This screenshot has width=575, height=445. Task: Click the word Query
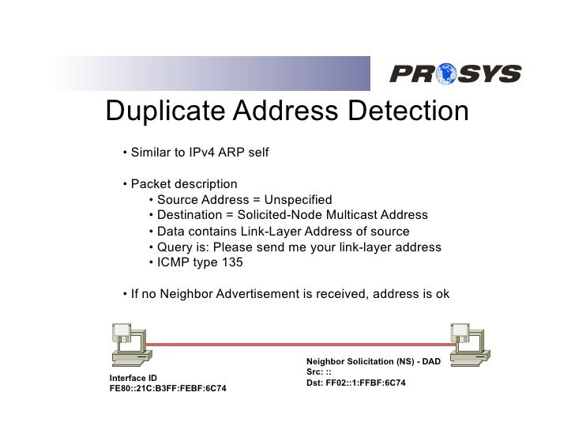pyautogui.click(x=175, y=247)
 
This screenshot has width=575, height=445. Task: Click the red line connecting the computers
pyautogui.click(x=292, y=345)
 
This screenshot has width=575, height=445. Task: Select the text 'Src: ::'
pyautogui.click(x=318, y=371)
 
